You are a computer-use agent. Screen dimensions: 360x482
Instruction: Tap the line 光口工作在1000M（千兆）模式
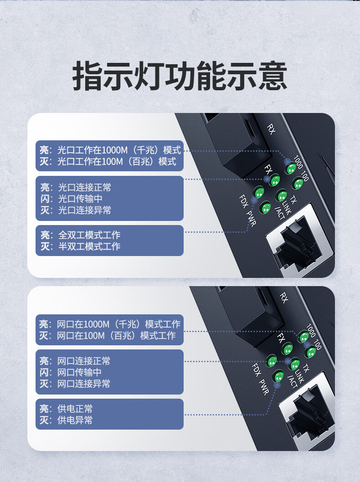(119, 150)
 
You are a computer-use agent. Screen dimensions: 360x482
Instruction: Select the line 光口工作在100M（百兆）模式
(117, 161)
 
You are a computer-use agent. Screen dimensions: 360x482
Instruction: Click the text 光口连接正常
(85, 188)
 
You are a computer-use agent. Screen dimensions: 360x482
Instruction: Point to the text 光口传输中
(80, 199)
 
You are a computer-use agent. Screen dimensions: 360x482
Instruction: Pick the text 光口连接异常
(85, 210)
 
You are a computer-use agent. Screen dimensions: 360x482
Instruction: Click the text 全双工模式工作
(89, 235)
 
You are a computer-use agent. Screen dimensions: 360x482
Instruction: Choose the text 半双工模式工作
(89, 246)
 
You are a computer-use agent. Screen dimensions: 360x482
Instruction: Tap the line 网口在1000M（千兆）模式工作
(118, 324)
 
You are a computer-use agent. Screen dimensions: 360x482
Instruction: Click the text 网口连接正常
(84, 361)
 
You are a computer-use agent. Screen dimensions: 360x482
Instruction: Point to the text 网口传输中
(79, 372)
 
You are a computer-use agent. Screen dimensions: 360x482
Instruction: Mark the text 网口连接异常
(84, 384)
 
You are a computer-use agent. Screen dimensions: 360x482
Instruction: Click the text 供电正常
(75, 409)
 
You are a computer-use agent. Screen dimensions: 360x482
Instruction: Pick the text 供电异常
(75, 420)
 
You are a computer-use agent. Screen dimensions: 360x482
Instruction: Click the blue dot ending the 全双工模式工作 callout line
(254, 200)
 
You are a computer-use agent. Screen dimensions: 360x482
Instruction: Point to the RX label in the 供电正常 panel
(284, 297)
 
